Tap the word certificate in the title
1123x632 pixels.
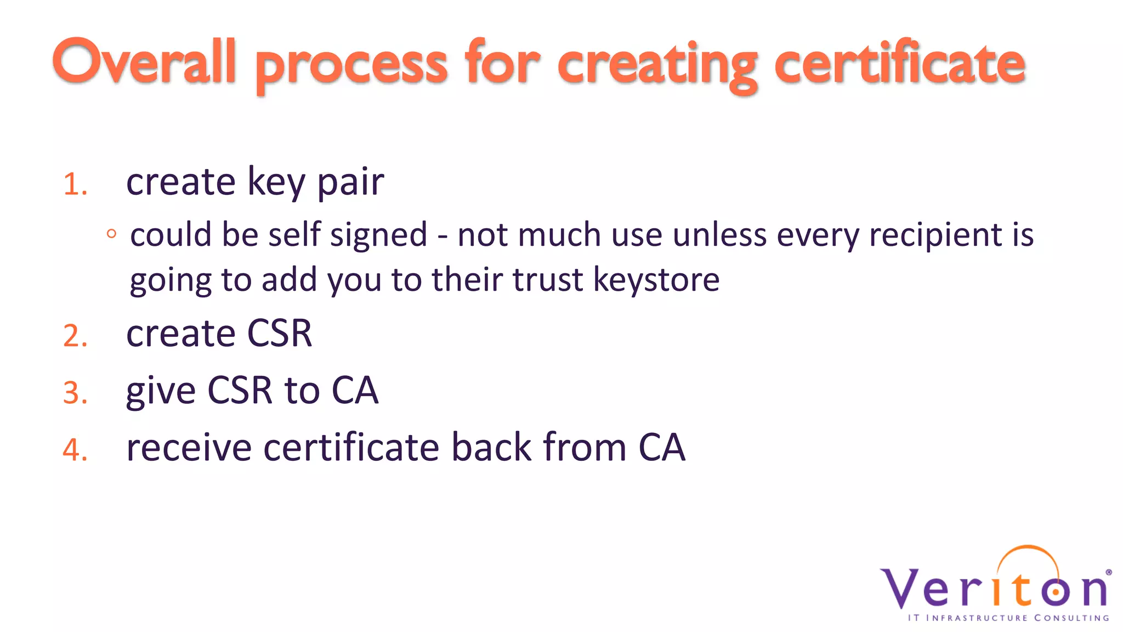(899, 64)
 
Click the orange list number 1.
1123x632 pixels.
(75, 184)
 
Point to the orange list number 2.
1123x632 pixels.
(75, 336)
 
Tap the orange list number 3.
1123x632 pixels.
(75, 393)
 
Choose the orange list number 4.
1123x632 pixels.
(75, 450)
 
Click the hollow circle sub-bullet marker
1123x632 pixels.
(112, 234)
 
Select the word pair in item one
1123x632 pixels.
(351, 182)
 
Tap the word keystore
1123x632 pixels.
(656, 280)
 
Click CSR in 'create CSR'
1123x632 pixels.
(280, 334)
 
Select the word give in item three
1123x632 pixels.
(161, 392)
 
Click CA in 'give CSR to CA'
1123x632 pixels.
(355, 391)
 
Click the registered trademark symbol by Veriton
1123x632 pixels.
(1109, 572)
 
